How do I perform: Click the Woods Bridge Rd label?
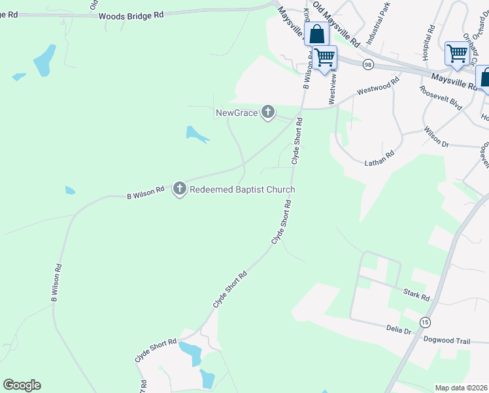click(131, 15)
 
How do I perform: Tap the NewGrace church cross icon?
click(267, 113)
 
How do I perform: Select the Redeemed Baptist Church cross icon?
click(180, 189)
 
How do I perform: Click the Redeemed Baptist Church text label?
click(242, 190)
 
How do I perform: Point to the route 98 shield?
click(369, 64)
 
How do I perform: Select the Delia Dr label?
click(398, 329)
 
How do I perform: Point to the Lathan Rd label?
click(380, 158)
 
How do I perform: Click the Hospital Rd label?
click(430, 43)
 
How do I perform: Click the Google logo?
click(22, 385)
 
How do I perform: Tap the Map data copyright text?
click(462, 388)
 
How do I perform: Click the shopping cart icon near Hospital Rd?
click(457, 52)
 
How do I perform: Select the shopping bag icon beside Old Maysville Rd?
click(316, 34)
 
